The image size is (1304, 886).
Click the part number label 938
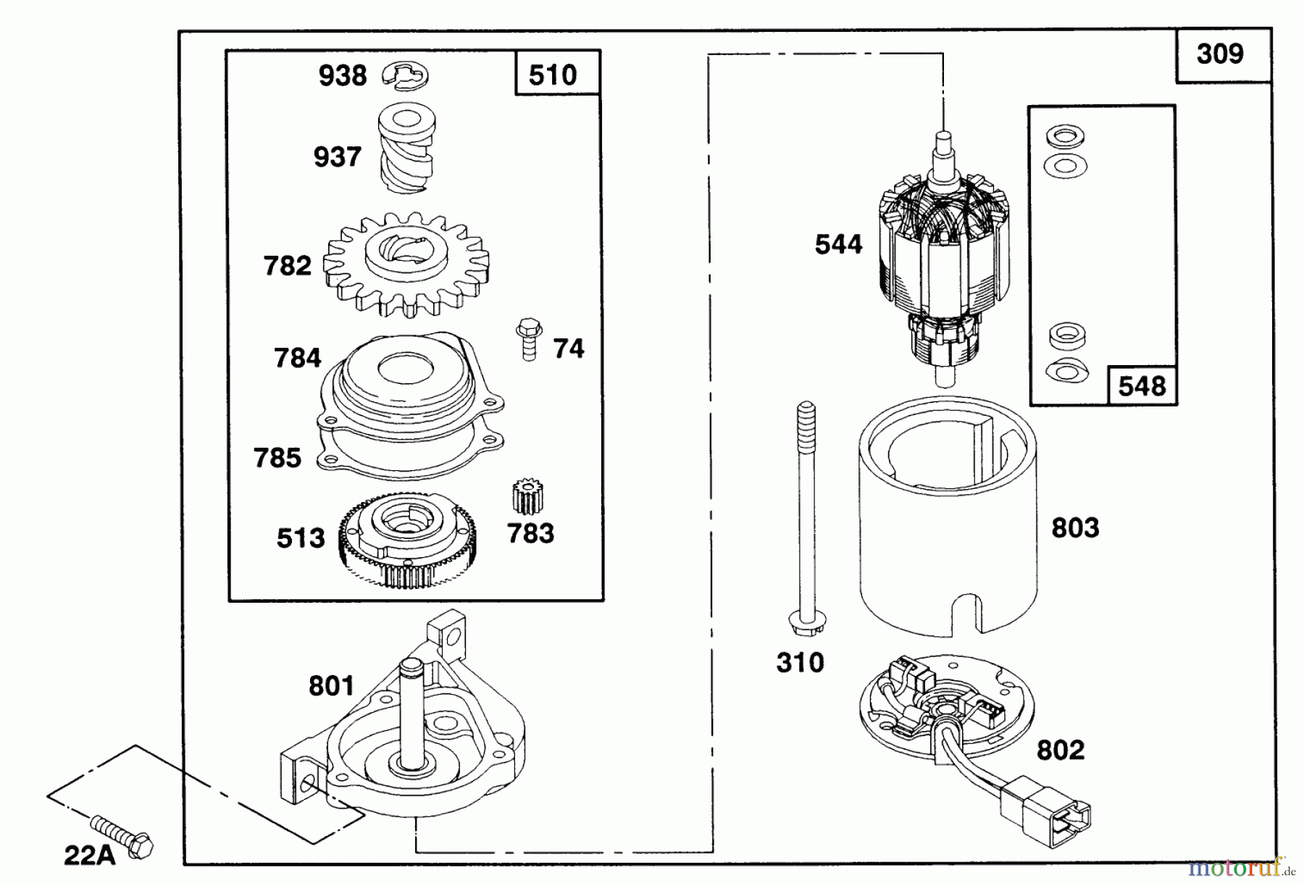[x=343, y=75]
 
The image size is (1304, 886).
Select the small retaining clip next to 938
[x=406, y=75]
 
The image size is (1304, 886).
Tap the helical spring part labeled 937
[x=407, y=150]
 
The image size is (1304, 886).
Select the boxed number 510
[x=553, y=75]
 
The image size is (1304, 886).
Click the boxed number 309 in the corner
[x=1220, y=54]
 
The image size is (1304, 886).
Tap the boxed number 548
[x=1142, y=385]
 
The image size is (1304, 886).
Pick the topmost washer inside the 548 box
[x=1065, y=135]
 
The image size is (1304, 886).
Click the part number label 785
[x=277, y=458]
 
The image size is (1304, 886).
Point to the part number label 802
[x=1061, y=750]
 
